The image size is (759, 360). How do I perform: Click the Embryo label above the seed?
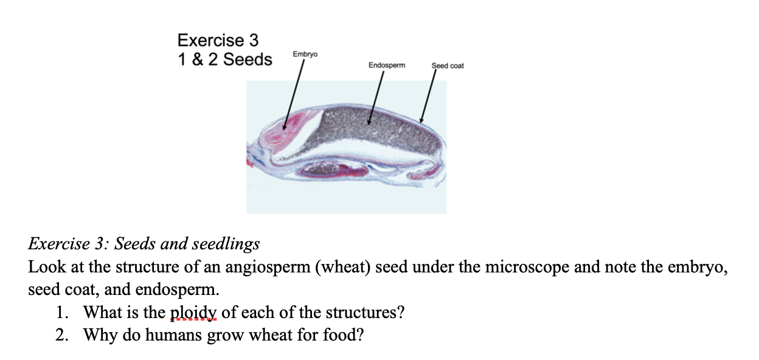(x=305, y=55)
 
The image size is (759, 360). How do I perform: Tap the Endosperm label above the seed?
(x=387, y=64)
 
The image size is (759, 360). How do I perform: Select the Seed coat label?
(x=448, y=66)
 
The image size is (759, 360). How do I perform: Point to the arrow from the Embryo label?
(x=293, y=94)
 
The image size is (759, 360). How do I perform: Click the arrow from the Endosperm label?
(x=375, y=97)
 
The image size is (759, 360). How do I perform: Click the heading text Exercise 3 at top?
(x=218, y=41)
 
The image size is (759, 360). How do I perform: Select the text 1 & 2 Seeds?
(x=225, y=60)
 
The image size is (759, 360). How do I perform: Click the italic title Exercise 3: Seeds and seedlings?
(x=144, y=244)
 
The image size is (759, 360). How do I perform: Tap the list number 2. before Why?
(x=61, y=334)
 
